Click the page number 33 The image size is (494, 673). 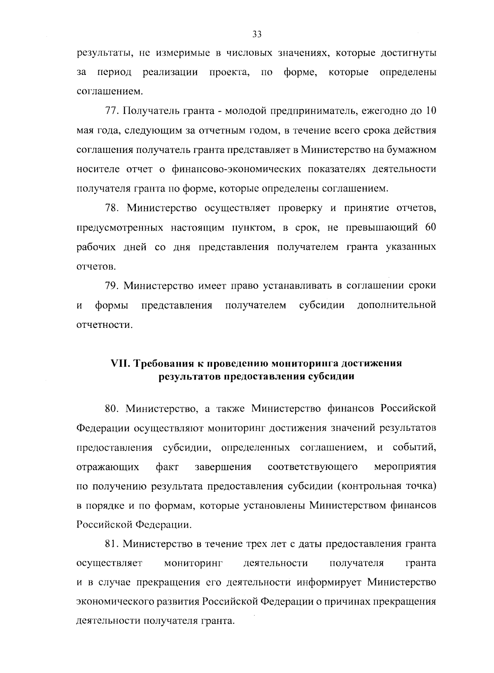coord(257,34)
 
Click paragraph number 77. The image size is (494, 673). coord(112,111)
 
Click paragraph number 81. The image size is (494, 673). coord(112,544)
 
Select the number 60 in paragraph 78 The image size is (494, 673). coord(430,228)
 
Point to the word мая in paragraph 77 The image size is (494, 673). coord(85,131)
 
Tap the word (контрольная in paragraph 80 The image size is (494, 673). coord(370,486)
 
